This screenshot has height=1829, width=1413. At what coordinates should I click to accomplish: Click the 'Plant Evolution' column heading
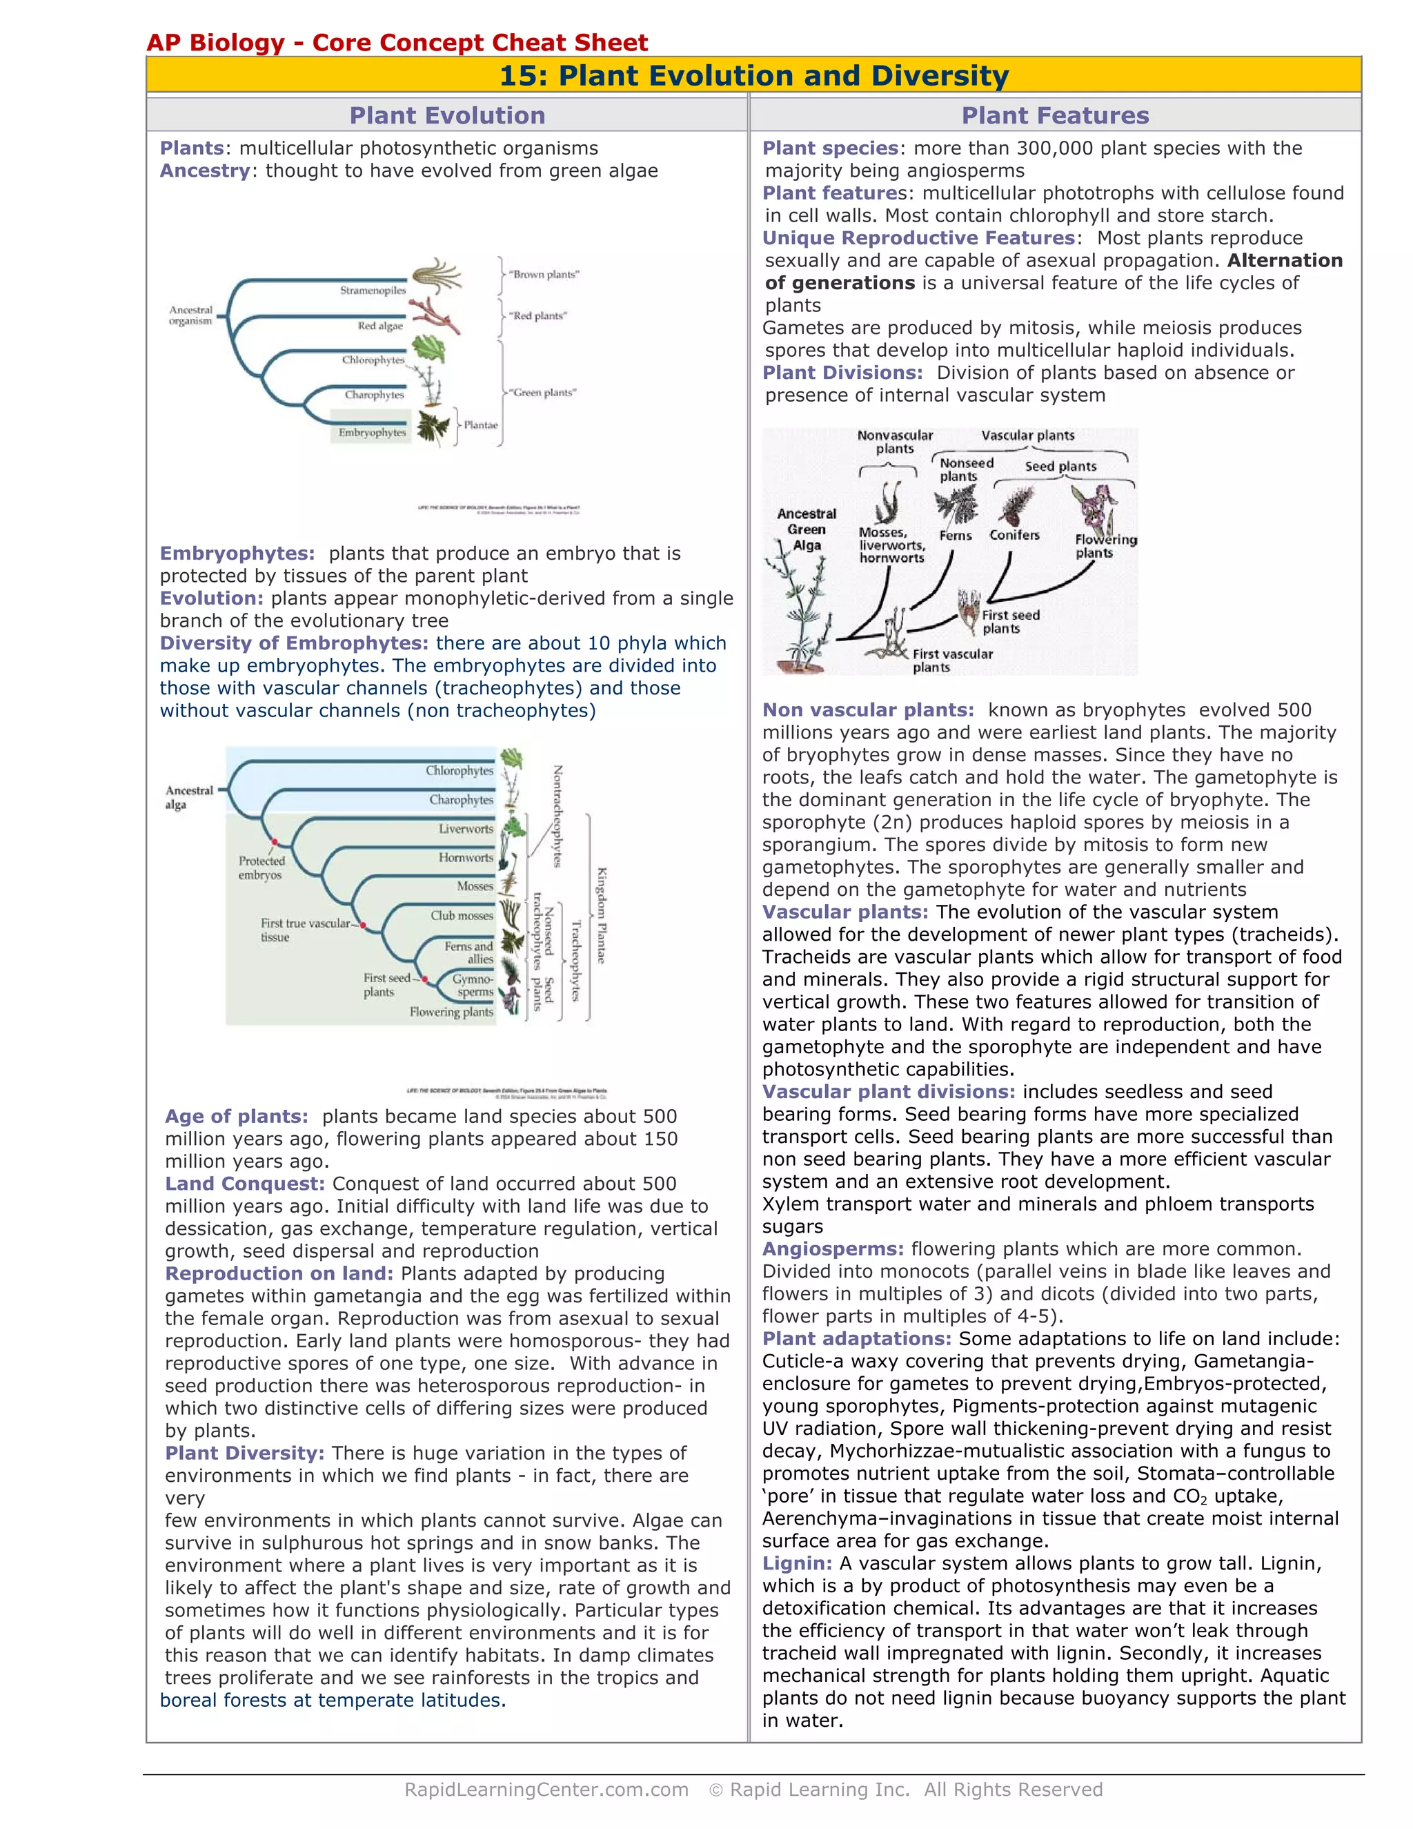point(447,115)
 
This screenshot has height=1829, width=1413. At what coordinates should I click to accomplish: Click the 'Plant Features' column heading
point(1055,115)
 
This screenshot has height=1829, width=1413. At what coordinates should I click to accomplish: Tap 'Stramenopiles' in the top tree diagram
point(373,291)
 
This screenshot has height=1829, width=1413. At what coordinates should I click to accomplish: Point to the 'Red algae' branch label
point(380,326)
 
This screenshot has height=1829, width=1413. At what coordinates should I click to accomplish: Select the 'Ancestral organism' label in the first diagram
point(191,315)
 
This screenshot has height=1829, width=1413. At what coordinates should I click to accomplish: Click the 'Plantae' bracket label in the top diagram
point(480,425)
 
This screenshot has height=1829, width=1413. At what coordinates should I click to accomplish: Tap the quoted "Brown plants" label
point(544,275)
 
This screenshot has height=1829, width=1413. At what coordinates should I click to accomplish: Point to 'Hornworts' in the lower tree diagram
point(466,857)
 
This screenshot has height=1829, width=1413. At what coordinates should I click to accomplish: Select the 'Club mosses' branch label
point(462,915)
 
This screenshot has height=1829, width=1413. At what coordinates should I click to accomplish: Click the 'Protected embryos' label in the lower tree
point(261,868)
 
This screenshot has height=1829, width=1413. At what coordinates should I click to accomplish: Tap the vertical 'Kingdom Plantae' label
point(601,915)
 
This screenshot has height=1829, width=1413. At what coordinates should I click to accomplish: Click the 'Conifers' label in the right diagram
point(1014,535)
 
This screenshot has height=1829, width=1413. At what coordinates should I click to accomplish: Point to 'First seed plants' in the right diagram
point(1009,621)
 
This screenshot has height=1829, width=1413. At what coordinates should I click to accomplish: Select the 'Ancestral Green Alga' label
point(806,529)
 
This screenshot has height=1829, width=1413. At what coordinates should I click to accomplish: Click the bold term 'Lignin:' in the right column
point(797,1563)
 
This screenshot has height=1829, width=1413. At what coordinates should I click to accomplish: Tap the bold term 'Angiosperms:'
point(833,1249)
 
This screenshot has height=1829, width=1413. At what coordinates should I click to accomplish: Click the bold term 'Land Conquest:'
point(244,1183)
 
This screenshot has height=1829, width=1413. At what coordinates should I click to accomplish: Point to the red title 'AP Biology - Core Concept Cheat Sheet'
point(397,43)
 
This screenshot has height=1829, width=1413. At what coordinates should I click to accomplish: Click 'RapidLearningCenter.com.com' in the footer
point(546,1790)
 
